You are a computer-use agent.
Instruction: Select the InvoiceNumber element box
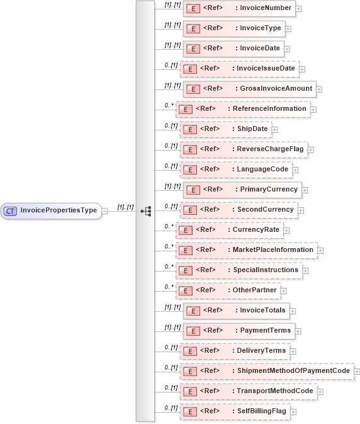pos(239,8)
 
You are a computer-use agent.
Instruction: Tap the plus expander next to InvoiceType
pos(288,29)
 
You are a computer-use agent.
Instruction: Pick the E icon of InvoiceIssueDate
pos(189,69)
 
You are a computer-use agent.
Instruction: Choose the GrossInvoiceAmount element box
pos(249,89)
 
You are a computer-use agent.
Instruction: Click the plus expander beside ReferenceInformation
pos(313,110)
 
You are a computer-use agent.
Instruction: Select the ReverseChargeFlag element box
pos(243,149)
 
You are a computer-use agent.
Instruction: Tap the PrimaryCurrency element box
pos(243,189)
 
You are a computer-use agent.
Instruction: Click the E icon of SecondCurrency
pos(189,210)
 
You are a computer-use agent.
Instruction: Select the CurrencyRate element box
pos(229,230)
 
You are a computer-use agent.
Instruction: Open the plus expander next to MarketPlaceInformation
pos(321,251)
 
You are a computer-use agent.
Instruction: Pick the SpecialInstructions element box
pos(239,270)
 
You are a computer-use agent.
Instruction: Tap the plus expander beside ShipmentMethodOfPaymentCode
pos(357,372)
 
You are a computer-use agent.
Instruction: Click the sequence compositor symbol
pos(145,211)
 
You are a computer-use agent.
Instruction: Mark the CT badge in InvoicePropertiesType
pos(11,210)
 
